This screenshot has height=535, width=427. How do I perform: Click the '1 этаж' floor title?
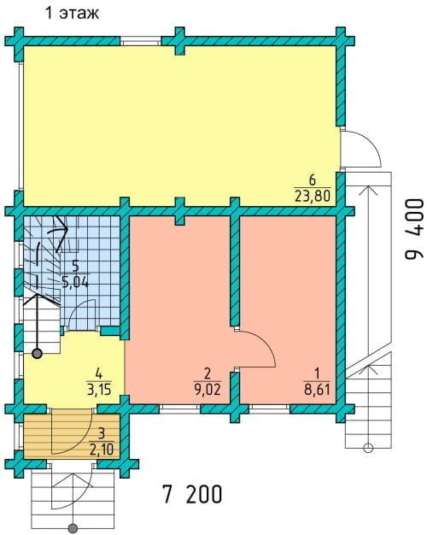[72, 13]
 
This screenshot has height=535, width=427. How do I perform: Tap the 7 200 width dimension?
[193, 494]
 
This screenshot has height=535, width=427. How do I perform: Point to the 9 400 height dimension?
[414, 229]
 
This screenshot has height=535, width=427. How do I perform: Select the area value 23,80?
[313, 196]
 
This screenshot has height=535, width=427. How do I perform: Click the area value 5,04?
[75, 282]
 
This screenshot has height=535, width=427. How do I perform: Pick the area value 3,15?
[99, 389]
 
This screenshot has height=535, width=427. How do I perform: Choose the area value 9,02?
[208, 390]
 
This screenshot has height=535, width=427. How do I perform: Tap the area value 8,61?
[317, 390]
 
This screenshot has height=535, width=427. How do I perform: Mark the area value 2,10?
[102, 450]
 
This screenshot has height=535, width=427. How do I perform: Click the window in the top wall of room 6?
[140, 41]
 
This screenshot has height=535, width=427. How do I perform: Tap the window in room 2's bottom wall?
[179, 409]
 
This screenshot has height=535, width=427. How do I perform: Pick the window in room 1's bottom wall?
[269, 409]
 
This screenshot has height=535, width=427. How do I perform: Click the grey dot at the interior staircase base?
[37, 354]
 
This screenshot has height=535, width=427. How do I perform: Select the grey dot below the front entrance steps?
[73, 529]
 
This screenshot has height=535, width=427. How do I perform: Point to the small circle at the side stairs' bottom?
[368, 448]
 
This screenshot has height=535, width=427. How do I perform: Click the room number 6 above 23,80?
[312, 179]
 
